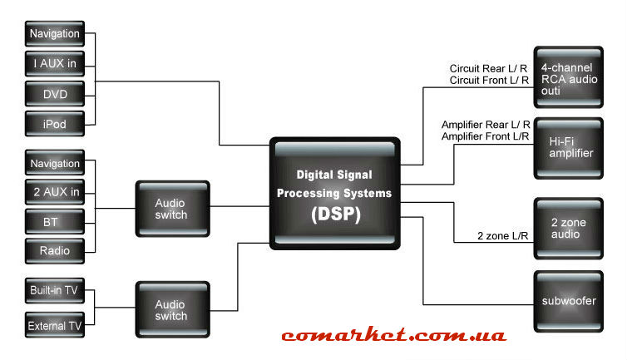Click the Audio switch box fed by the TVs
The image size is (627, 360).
[170, 310]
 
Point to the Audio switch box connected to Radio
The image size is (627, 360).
[170, 209]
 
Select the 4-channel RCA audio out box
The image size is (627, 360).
[567, 76]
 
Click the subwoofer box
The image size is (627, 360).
[567, 300]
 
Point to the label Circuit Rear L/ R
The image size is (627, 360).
[490, 68]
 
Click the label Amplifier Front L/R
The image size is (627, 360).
[486, 136]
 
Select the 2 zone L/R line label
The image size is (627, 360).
[501, 236]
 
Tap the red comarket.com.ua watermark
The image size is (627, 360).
[393, 336]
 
